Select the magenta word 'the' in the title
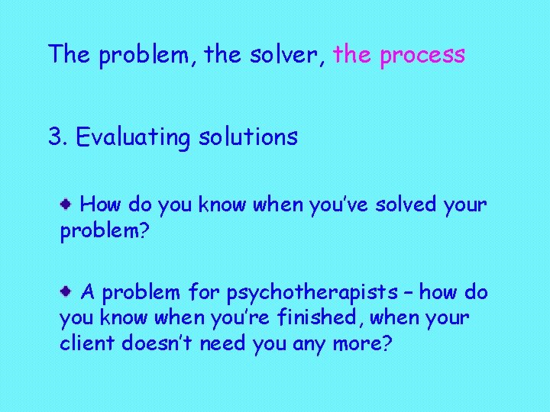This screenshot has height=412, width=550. [352, 54]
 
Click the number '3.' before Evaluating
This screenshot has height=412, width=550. [58, 137]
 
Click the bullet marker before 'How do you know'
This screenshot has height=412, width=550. [67, 204]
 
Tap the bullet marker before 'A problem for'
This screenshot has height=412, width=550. [67, 291]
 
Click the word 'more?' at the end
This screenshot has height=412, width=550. [364, 343]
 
